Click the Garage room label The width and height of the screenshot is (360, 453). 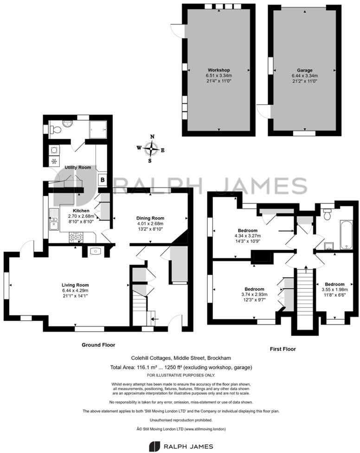pos(304,70)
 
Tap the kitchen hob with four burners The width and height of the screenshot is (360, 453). pos(76,237)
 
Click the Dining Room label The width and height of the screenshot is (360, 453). pos(150,218)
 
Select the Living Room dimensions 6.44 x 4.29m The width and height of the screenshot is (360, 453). pos(75,291)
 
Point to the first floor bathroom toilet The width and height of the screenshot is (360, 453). pos(327,214)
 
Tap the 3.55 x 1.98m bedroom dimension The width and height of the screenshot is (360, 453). pos(334,291)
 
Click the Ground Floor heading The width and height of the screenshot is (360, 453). pos(98,345)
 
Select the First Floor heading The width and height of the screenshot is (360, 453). pos(282,349)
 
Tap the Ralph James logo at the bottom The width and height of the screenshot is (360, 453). pos(180,446)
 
